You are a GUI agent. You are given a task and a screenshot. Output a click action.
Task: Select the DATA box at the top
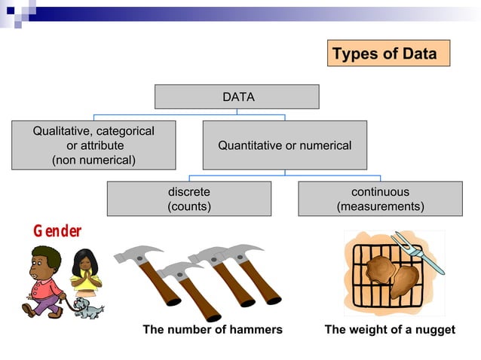pos(237,97)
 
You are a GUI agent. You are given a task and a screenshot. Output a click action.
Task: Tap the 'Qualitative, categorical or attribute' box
pos(93,145)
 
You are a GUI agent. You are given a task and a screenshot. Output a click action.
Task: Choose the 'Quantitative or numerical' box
pos(284,145)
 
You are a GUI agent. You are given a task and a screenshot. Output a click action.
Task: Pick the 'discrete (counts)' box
pos(188,199)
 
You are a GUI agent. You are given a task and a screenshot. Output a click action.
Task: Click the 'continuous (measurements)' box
pos(380,199)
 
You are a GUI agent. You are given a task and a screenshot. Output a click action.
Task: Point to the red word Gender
pos(57,231)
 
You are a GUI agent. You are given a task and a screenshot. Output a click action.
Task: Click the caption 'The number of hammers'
pos(213,330)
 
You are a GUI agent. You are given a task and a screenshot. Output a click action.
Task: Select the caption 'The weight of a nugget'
pos(390,330)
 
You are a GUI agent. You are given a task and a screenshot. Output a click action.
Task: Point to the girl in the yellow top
pos(85,270)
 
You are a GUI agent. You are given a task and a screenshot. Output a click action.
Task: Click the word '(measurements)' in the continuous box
pos(380,206)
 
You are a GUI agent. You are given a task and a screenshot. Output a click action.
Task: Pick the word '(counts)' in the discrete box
pos(188,206)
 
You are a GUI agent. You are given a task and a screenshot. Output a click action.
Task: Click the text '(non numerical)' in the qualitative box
pos(93,160)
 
